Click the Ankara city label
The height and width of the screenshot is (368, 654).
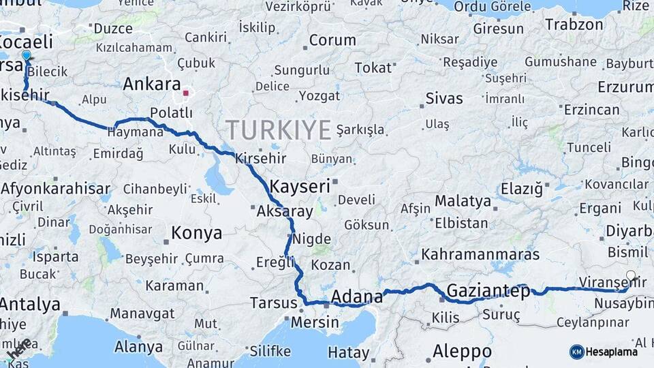coord(152,85)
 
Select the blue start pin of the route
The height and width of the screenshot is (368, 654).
coord(27,55)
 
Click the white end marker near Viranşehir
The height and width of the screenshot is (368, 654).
coord(631,276)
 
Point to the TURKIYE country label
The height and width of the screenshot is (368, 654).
coord(278,129)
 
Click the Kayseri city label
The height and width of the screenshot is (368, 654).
coord(300,186)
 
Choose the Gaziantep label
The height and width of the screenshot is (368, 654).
coord(488,292)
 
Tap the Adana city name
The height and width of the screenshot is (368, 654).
coord(357,296)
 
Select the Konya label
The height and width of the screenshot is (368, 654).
coord(196,233)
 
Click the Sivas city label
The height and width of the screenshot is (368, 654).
coord(443,98)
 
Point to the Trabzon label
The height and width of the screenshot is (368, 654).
coord(574,25)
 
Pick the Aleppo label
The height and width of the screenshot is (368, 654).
coord(462,352)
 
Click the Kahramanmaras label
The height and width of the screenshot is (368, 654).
coord(480,255)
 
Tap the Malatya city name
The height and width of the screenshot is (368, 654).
coord(463,201)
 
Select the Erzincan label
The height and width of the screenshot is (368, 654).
coord(591,110)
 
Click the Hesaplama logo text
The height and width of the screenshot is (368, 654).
coord(612,352)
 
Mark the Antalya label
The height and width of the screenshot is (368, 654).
coord(30,304)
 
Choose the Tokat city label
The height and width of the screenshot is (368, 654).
coord(373,68)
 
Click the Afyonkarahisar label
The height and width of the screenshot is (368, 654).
coord(55,189)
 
